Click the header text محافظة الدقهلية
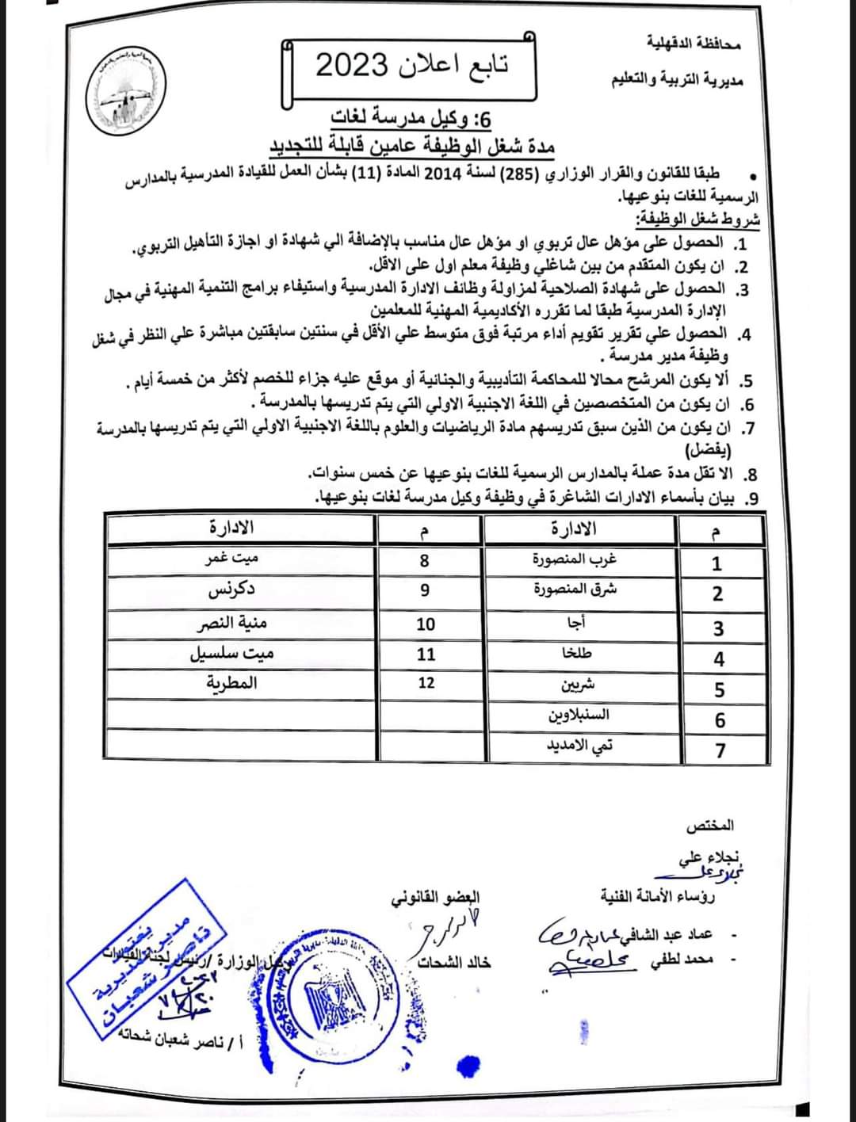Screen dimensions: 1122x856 tap(693, 42)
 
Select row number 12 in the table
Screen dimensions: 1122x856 tap(426, 683)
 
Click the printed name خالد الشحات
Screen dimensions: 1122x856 tap(455, 962)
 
